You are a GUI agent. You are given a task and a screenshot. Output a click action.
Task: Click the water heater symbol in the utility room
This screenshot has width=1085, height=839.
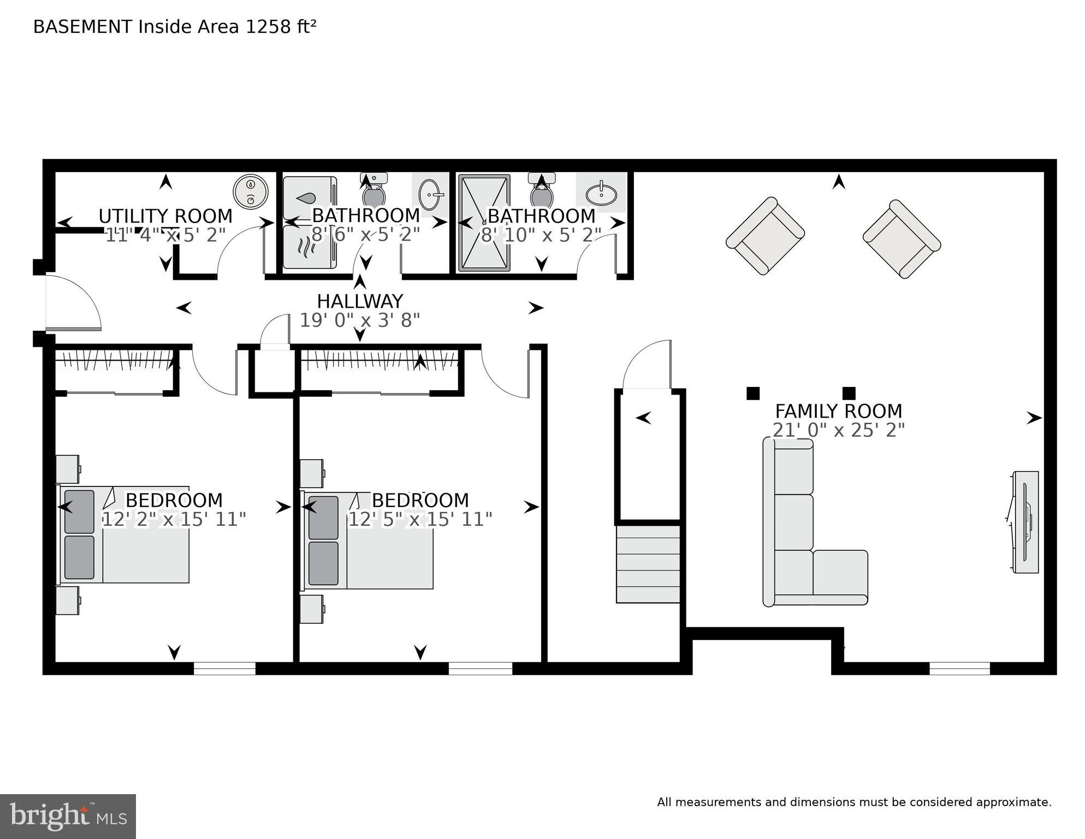click(x=250, y=191)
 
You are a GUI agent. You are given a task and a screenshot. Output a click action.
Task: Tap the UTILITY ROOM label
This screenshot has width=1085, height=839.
click(x=165, y=216)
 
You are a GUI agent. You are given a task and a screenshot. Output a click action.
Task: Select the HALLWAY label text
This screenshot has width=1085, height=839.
click(x=360, y=301)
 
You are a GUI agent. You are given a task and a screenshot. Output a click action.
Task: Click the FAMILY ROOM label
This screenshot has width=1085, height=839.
click(x=838, y=411)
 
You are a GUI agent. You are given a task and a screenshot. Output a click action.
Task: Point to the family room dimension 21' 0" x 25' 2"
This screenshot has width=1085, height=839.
click(x=838, y=430)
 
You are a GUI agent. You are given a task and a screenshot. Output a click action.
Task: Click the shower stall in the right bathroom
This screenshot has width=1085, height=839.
click(x=484, y=223)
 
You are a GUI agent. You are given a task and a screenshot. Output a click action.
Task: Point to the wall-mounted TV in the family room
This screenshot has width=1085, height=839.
click(x=1025, y=522)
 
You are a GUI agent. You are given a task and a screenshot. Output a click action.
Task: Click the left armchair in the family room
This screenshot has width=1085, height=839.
click(x=764, y=236)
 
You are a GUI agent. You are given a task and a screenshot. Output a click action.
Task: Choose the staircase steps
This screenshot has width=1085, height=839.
click(x=648, y=564)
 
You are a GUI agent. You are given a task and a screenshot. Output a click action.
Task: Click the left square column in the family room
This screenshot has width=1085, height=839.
click(x=753, y=393)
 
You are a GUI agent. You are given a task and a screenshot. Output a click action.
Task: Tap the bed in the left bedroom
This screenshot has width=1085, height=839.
click(x=124, y=534)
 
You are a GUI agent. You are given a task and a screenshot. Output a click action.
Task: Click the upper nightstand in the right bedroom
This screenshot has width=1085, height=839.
click(x=312, y=473)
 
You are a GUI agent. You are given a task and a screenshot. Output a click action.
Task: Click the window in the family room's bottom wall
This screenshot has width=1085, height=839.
click(x=959, y=668)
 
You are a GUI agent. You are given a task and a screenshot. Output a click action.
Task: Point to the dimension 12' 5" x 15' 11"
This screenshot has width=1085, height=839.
click(x=420, y=519)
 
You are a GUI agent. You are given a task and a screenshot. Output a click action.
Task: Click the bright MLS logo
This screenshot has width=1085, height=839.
click(x=68, y=817)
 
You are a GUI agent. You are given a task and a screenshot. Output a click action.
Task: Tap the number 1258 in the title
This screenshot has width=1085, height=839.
click(x=268, y=27)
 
